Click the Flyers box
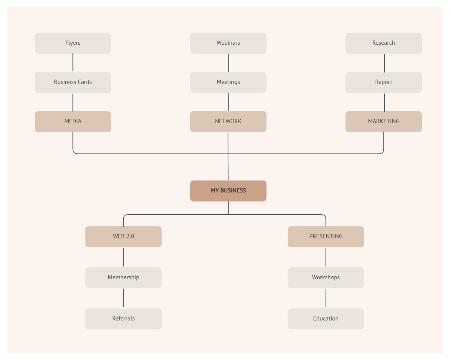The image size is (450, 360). pos(73,43)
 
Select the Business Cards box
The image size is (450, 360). pos(73,82)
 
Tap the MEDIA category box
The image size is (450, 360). pos(73,121)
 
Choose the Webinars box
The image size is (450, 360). pos(228,43)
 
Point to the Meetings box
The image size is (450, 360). pos(228,82)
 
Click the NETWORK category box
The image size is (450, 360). pos(228,121)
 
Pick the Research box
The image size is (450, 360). pos(383,43)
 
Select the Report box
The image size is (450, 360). pos(383,82)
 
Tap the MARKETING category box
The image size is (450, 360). pos(383,121)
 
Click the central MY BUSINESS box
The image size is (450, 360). pos(228,191)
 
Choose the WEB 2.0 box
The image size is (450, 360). pos(123,236)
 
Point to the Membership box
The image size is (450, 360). pos(123,277)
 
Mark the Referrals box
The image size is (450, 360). pos(123,319)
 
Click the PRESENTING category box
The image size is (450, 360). pos(325,236)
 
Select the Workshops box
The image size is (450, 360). pos(325,277)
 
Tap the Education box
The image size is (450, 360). pos(325,319)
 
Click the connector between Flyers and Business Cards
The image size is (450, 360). pos(73,63)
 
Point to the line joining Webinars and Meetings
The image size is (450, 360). pos(229,63)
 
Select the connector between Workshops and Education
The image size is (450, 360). pos(326,298)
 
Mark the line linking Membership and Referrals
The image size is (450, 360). pos(123,298)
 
